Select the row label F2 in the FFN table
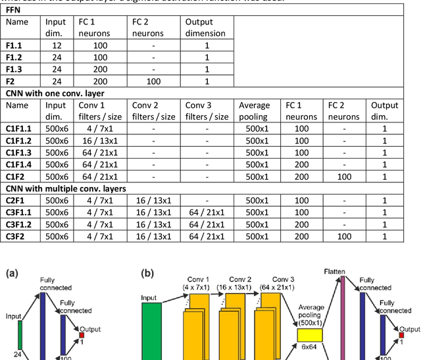coord(12,81)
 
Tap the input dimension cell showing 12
coord(55,45)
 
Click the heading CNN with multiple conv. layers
coord(64,188)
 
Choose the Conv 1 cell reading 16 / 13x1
coord(97,141)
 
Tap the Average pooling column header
coord(255,110)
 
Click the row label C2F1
coord(16,200)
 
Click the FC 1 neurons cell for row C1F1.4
coord(301,165)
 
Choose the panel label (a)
coord(12,274)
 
